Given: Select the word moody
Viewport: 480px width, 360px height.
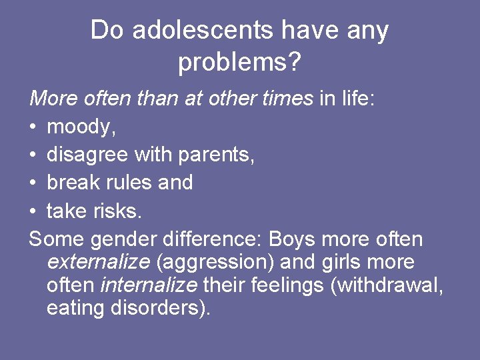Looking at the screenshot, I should click(x=77, y=127).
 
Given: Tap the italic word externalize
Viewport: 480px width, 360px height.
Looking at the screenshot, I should click(x=98, y=262).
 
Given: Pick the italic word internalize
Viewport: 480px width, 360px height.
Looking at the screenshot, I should click(x=148, y=285).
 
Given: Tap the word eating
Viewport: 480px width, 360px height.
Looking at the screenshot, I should click(x=73, y=309).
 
